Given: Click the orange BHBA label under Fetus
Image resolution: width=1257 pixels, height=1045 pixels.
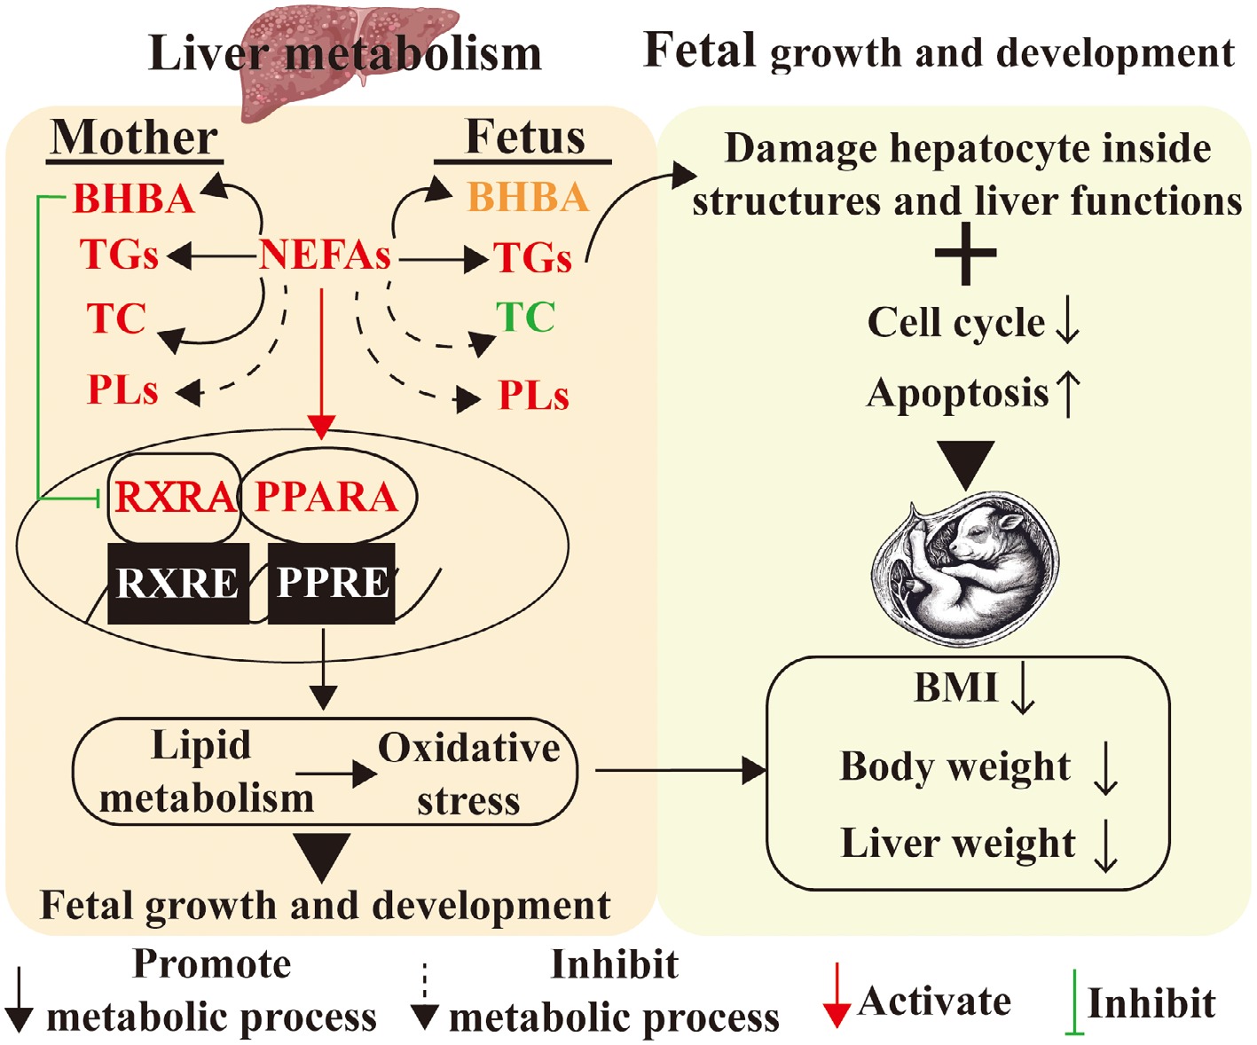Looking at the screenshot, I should click(x=528, y=198).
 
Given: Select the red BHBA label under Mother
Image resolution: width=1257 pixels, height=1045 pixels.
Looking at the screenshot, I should click(x=134, y=199).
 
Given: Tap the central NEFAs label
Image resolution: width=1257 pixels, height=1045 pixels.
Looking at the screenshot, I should click(x=325, y=255).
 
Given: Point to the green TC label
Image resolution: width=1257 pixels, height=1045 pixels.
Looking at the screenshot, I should click(x=526, y=318).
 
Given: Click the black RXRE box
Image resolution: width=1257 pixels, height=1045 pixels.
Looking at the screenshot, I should click(x=177, y=583).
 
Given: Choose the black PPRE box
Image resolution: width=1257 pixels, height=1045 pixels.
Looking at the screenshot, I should click(x=332, y=583).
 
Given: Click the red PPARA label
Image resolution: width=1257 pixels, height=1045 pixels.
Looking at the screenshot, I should click(x=326, y=497).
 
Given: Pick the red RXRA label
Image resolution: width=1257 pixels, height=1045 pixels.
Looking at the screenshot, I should click(x=174, y=497).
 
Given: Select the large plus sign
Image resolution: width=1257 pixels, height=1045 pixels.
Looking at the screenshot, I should click(x=965, y=255).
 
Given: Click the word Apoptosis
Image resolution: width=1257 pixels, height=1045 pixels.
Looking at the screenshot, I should click(x=957, y=393).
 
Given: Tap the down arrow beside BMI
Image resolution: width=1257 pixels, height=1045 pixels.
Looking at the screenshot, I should click(x=1023, y=690).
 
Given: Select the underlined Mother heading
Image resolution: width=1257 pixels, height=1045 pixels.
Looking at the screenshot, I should click(x=134, y=138).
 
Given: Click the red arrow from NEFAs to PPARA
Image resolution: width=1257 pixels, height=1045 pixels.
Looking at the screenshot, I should click(x=322, y=364).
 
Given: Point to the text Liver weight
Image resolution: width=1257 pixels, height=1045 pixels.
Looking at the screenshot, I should click(x=957, y=844).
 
